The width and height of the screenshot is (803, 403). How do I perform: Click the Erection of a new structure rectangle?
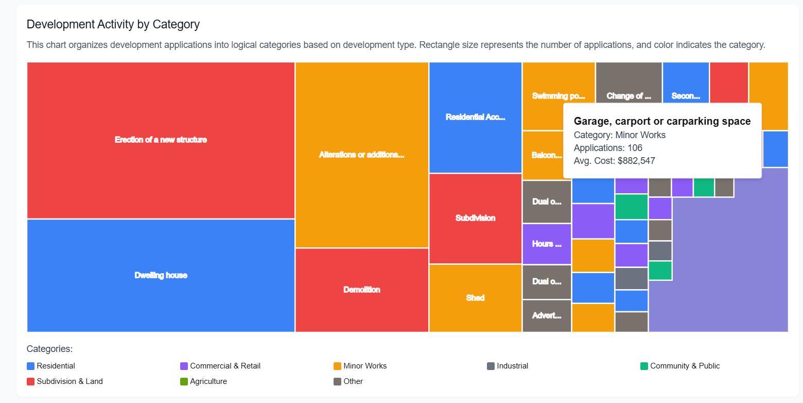click(x=161, y=140)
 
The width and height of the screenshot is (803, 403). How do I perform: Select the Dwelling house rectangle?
click(x=161, y=275)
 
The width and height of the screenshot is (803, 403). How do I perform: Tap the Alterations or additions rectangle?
click(x=361, y=155)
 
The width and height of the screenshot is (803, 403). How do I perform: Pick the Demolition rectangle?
click(x=361, y=290)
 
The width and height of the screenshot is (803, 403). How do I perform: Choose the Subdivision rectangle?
click(x=475, y=218)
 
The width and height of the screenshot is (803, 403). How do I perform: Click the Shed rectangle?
click(x=475, y=298)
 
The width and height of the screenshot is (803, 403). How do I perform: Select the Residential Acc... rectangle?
click(x=475, y=117)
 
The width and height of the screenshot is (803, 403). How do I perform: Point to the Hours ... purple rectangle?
click(x=547, y=244)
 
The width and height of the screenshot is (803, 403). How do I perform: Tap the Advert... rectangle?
click(x=547, y=315)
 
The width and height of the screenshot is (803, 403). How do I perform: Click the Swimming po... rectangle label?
click(x=558, y=96)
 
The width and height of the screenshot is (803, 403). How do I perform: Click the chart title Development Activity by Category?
click(x=113, y=24)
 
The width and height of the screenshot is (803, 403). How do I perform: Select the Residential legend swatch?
click(x=30, y=366)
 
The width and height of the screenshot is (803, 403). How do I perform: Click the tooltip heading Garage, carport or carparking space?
click(x=662, y=122)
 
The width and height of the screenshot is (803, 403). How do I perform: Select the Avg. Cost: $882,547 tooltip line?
click(x=614, y=161)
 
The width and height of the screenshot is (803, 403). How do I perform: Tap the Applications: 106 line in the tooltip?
click(x=608, y=148)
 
